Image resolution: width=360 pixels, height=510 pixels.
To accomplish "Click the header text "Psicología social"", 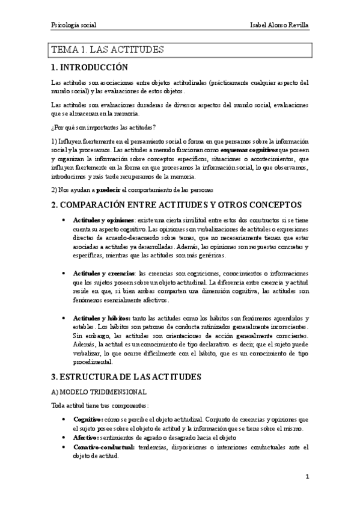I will coord(74,26).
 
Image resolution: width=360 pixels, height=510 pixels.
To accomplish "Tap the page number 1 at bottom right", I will coord(307,477).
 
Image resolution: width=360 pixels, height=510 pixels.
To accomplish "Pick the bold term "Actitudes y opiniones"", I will coord(103,221).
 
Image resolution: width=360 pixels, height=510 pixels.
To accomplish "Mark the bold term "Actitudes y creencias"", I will coord(103,273).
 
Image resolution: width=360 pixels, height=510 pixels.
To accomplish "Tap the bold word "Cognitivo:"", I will coord(88,418).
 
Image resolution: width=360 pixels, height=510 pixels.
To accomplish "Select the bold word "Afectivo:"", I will coord(87,437).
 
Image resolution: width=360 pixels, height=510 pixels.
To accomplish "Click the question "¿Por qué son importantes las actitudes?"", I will coord(103,127).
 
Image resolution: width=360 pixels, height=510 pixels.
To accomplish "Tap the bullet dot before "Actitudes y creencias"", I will coord(64,273).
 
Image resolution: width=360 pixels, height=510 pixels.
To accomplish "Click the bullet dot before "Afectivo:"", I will coord(64,437).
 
